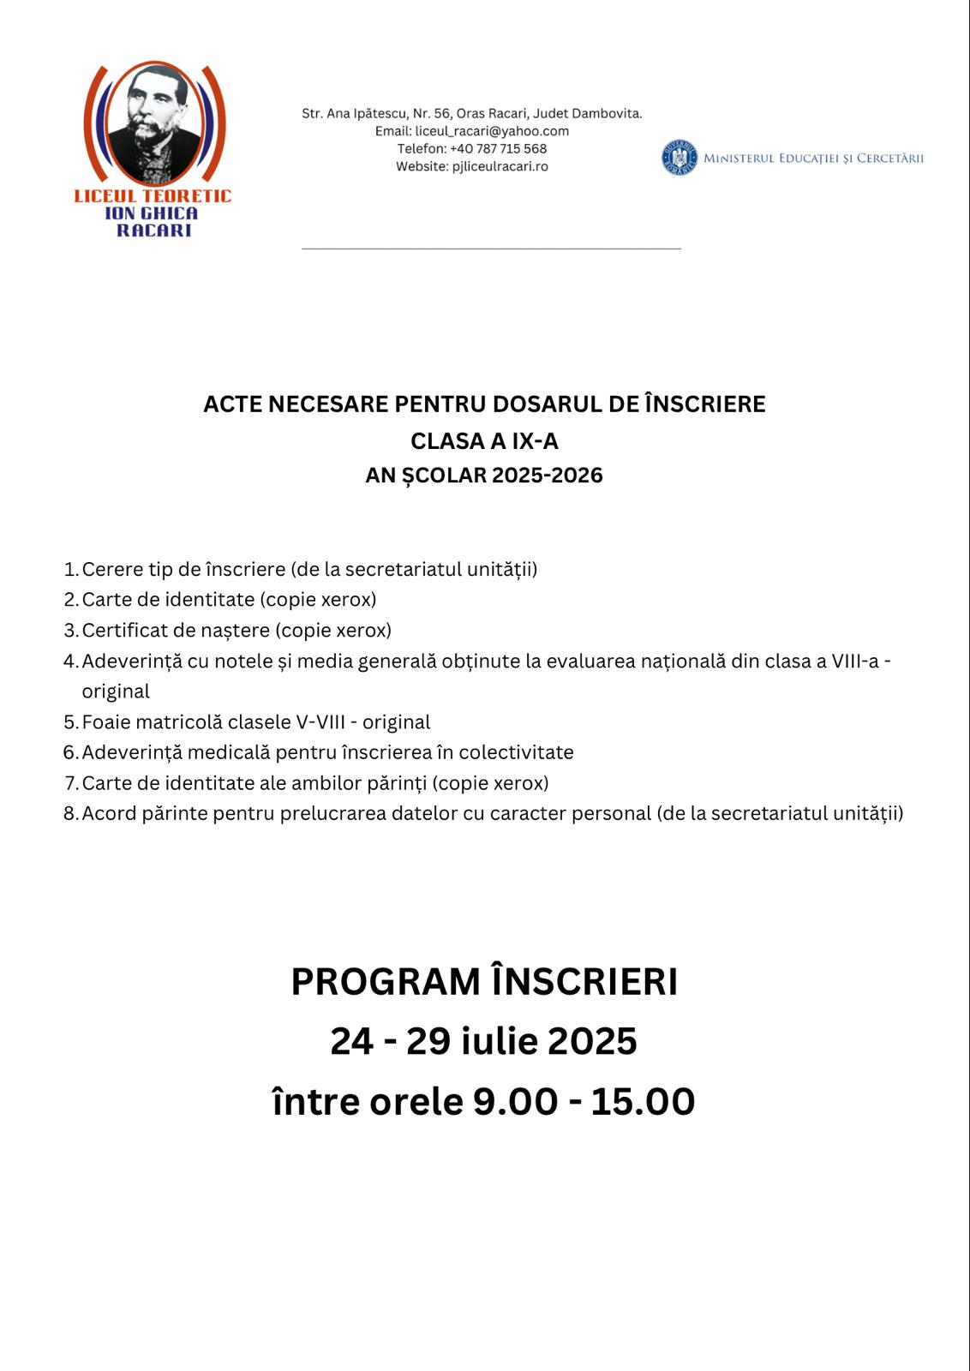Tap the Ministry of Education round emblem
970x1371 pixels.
click(x=680, y=159)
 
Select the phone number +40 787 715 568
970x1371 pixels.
click(x=498, y=149)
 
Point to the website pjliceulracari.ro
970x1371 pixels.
click(x=500, y=166)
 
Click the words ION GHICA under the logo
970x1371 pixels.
click(x=152, y=213)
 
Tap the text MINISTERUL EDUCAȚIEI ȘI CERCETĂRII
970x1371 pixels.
click(x=813, y=159)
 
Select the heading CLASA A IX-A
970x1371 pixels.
click(x=484, y=441)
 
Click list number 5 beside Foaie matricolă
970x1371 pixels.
click(x=70, y=722)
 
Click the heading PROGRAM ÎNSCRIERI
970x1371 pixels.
click(x=484, y=982)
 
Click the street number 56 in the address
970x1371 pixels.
click(x=443, y=113)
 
